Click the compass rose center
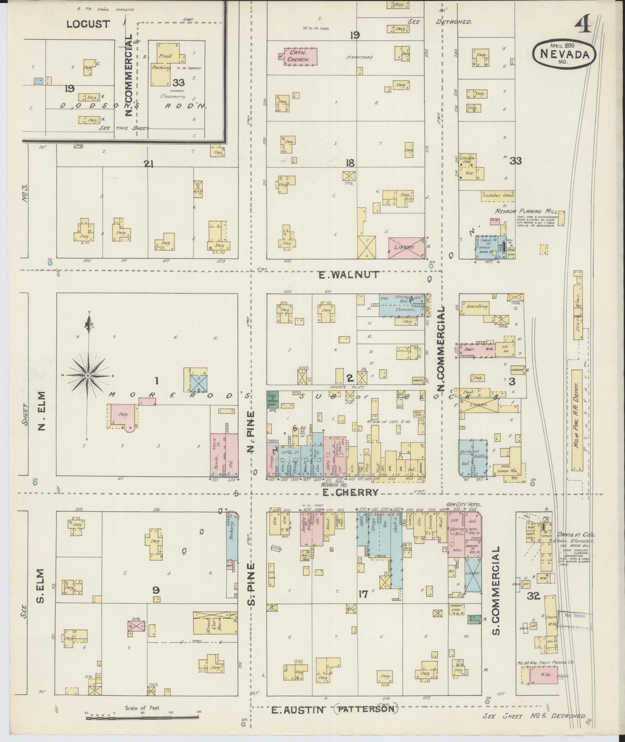(88, 375)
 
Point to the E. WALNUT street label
(349, 274)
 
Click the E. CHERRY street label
(349, 492)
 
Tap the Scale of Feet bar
(143, 717)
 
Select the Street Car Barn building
(215, 623)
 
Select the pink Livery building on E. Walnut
(406, 248)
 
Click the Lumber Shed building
(498, 195)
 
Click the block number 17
(363, 594)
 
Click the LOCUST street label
(88, 24)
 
